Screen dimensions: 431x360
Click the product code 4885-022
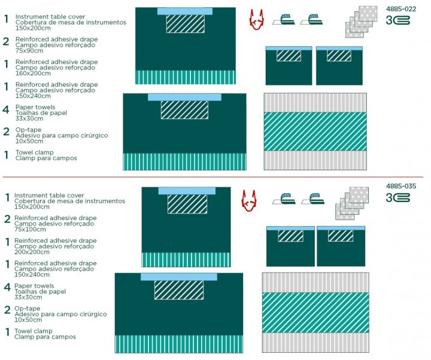pyautogui.click(x=401, y=9)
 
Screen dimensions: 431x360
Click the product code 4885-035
pyautogui.click(x=401, y=186)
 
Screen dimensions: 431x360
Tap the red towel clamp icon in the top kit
pyautogui.click(x=256, y=20)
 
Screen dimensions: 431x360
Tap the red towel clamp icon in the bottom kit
pyautogui.click(x=249, y=201)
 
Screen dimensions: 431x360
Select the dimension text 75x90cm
pyautogui.click(x=29, y=51)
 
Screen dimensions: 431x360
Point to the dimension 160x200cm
pyautogui.click(x=33, y=74)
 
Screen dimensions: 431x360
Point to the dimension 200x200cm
pyautogui.click(x=32, y=252)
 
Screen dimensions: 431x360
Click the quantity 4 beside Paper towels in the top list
pyautogui.click(x=6, y=110)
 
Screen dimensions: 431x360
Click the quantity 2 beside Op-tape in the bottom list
pyautogui.click(x=7, y=310)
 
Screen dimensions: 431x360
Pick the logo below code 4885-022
pyautogui.click(x=397, y=20)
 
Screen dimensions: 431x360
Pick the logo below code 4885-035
pyautogui.click(x=397, y=198)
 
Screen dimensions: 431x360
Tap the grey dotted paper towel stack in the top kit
pyautogui.click(x=362, y=22)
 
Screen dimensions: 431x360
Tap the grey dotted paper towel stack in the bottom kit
pyautogui.click(x=352, y=203)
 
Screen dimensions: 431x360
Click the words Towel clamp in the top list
pyautogui.click(x=35, y=152)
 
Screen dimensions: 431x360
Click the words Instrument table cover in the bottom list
pyautogui.click(x=49, y=196)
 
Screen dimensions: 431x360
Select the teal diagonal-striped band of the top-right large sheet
pyautogui.click(x=315, y=132)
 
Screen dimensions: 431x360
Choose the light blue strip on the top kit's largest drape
pyautogui.click(x=184, y=97)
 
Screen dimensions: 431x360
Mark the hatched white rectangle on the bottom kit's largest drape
pyautogui.click(x=179, y=290)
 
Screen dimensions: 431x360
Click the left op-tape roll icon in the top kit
pyautogui.click(x=284, y=20)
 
